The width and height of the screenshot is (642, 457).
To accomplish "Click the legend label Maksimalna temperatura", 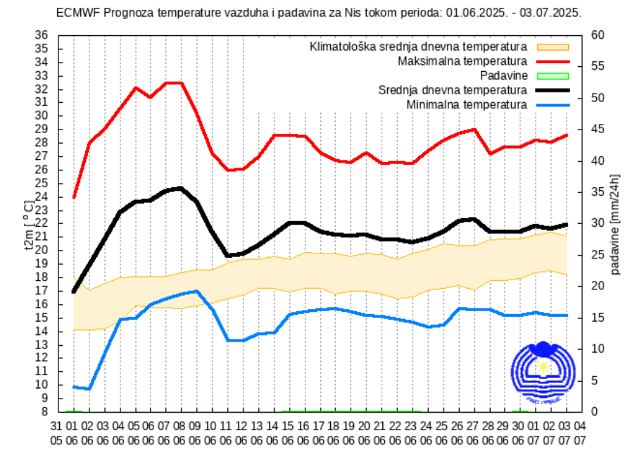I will (462, 61).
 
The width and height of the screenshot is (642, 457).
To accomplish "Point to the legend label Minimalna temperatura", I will (467, 104).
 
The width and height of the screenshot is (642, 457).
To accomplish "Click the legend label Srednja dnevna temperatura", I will (453, 90).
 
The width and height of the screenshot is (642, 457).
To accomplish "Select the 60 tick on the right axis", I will (598, 35).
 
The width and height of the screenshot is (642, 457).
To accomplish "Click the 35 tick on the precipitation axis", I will (598, 192).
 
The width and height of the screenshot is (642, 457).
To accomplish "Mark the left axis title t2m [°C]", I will (28, 225).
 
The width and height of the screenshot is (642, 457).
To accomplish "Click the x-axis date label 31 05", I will (57, 432).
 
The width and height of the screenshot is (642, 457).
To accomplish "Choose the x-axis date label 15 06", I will (287, 432).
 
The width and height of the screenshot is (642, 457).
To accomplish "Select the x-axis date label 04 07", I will (580, 432).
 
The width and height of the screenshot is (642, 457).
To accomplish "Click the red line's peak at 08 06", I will (181, 83).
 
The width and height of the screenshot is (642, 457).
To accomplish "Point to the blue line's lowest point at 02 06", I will (88, 389).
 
